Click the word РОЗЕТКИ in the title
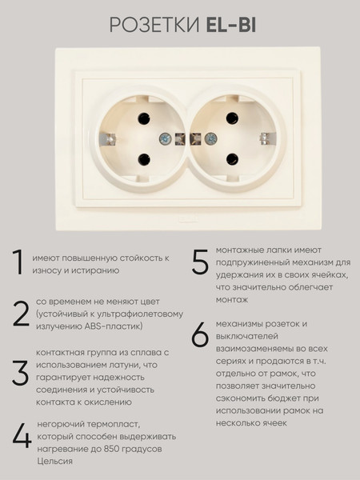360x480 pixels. (x=154, y=25)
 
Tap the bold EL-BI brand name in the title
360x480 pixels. (x=231, y=25)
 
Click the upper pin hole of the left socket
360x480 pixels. (x=144, y=118)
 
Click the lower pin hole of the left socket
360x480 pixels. (x=144, y=159)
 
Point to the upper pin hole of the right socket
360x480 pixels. (x=232, y=118)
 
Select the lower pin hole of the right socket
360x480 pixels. (x=232, y=159)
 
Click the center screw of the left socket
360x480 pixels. (x=166, y=139)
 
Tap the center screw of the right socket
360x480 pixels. (x=211, y=139)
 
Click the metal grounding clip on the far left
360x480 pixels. (x=108, y=139)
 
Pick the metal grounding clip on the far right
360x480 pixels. (x=268, y=138)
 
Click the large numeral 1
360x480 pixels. (x=18, y=262)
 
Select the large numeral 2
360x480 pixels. (x=21, y=314)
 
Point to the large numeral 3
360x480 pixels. (x=20, y=373)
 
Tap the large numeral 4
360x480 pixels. (x=22, y=436)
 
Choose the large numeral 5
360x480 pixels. (x=200, y=262)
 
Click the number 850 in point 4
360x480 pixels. (x=111, y=449)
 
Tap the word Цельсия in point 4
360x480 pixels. (x=54, y=462)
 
